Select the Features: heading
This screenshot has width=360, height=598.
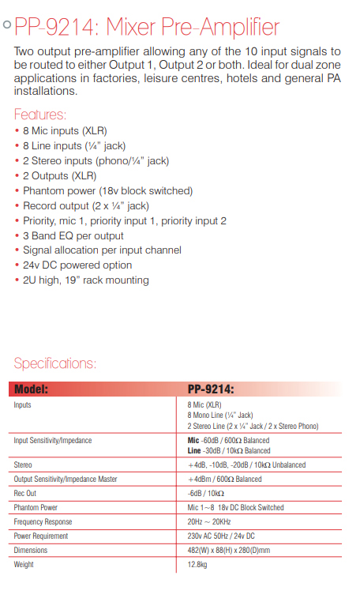pos(40,114)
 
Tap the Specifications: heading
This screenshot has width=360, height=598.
pos(55,363)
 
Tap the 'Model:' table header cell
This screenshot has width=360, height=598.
pos(32,389)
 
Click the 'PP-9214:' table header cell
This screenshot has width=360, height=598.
pos(211,389)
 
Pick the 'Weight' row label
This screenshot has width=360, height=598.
pos(24,565)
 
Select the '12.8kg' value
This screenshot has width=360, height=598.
pos(198,565)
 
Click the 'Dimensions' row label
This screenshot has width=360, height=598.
pos(31,551)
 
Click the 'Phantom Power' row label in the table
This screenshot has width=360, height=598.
pos(36,507)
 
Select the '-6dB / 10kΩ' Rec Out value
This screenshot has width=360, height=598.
pos(206,494)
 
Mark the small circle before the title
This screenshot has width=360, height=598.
pos(7,26)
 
